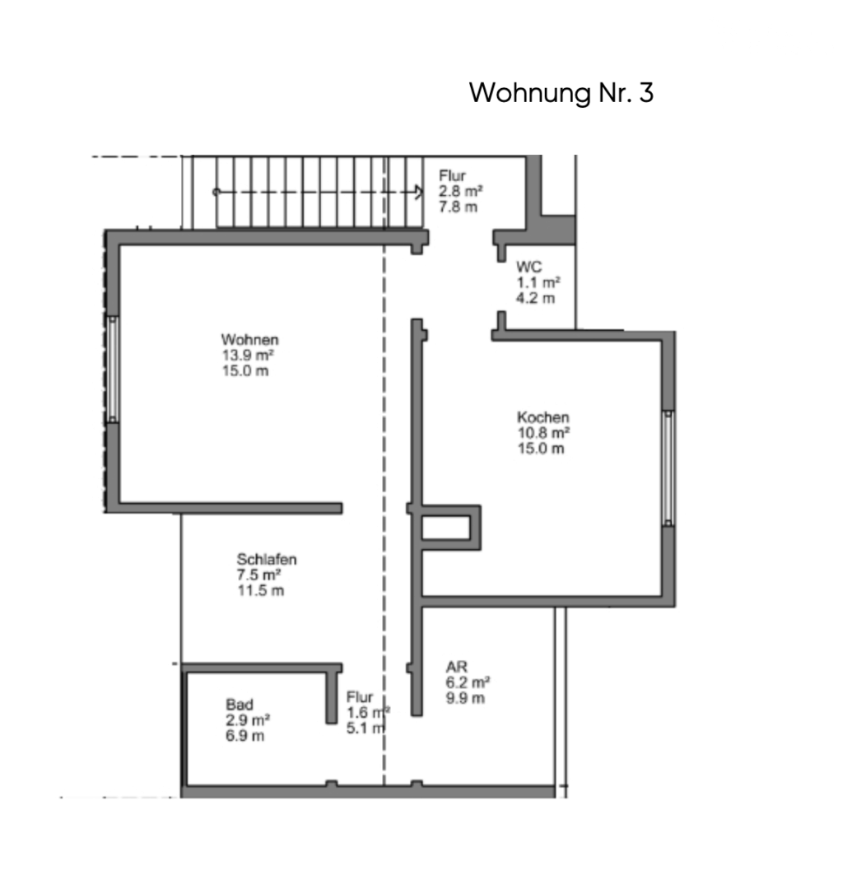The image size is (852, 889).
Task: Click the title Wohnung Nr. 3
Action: click(x=561, y=93)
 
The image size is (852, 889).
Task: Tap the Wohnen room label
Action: click(x=250, y=340)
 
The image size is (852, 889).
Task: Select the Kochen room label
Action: click(x=543, y=417)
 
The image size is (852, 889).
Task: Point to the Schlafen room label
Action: click(x=267, y=559)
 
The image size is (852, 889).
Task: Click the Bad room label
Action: click(x=240, y=705)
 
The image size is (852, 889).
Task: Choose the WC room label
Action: click(x=528, y=267)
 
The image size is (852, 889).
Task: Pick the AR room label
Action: click(x=456, y=667)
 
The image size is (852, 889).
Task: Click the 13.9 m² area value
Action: click(x=248, y=356)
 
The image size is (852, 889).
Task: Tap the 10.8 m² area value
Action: click(x=543, y=433)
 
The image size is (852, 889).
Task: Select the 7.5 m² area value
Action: click(x=258, y=575)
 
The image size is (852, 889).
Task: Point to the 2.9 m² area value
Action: click(x=248, y=720)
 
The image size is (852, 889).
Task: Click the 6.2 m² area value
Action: click(x=468, y=682)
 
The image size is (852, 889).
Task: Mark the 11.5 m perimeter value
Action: click(x=260, y=591)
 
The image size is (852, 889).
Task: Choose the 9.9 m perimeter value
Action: click(x=465, y=699)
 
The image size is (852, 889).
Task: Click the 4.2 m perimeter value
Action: click(x=535, y=298)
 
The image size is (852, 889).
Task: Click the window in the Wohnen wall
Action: click(x=113, y=369)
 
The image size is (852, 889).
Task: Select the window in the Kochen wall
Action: click(x=668, y=468)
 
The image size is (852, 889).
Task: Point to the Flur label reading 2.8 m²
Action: click(x=460, y=192)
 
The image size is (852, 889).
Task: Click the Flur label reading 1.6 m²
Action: click(x=368, y=713)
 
